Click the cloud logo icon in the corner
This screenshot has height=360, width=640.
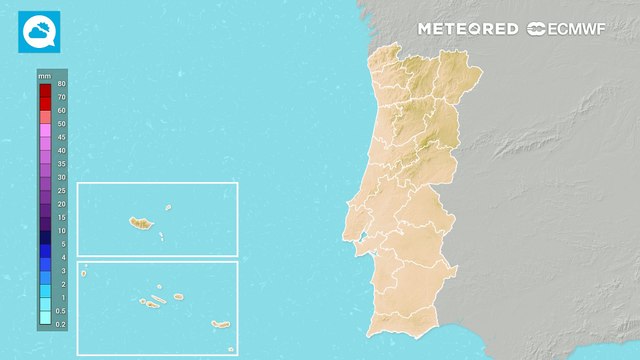tap(40, 31)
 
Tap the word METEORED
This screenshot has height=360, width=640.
tap(468, 29)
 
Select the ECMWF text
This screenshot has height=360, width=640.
tap(582, 29)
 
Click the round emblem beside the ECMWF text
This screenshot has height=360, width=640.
tap(536, 29)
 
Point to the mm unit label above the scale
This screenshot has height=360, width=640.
tap(44, 76)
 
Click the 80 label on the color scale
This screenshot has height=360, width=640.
tap(61, 84)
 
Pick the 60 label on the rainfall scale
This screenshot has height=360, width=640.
tap(61, 111)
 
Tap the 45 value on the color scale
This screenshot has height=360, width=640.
tap(61, 137)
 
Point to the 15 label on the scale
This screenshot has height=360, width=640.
tap(61, 217)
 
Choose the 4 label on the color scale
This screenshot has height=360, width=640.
tap(61, 257)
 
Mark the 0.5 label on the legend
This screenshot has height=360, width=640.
tap(61, 311)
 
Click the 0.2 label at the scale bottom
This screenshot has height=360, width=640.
tap(61, 324)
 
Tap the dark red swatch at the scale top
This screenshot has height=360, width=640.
tap(45, 91)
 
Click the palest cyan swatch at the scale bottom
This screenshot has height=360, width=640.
tap(45, 317)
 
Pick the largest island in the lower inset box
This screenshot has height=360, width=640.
tap(219, 324)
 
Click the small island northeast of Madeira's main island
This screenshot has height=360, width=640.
tap(168, 208)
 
